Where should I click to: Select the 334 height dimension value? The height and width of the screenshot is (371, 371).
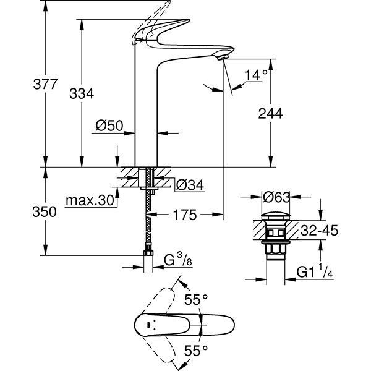(82, 93)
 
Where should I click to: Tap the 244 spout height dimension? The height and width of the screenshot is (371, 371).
(270, 113)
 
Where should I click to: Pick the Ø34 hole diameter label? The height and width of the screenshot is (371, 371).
(190, 184)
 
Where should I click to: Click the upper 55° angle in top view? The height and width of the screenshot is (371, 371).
(196, 299)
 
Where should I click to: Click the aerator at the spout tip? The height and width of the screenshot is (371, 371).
(224, 57)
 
